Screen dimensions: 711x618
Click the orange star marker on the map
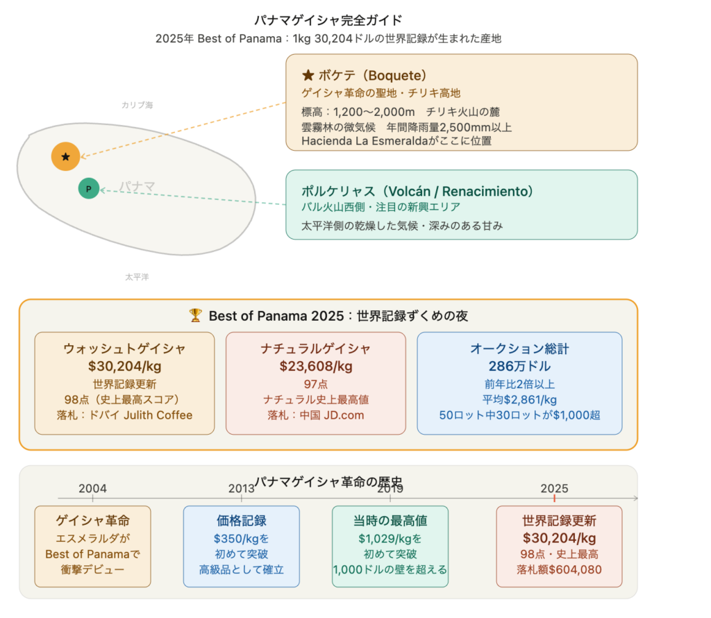click(x=66, y=156)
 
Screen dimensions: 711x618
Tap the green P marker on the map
click(x=88, y=189)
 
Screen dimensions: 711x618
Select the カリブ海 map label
click(x=137, y=105)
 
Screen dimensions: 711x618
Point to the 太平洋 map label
click(x=137, y=277)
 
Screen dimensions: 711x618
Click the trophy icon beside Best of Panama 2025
click(x=195, y=315)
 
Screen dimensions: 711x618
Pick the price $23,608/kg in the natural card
click(x=316, y=366)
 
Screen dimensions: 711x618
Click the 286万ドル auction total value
click(x=519, y=366)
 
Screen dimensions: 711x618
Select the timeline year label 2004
click(x=92, y=488)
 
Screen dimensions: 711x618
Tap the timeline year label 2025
click(x=554, y=488)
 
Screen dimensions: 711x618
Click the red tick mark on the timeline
click(x=554, y=499)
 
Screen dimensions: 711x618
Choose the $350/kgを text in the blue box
click(x=241, y=539)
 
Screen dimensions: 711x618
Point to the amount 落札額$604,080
click(x=559, y=569)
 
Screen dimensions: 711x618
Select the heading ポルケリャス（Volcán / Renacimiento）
click(x=417, y=192)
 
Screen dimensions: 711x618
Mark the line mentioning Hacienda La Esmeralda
click(x=396, y=141)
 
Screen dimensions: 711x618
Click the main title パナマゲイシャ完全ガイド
click(x=328, y=20)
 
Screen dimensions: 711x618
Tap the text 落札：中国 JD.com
click(x=316, y=415)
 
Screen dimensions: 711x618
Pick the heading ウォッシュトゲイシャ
click(x=125, y=349)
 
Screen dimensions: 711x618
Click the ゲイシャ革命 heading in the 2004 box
click(x=92, y=521)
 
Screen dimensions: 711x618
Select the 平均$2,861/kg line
click(x=519, y=399)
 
